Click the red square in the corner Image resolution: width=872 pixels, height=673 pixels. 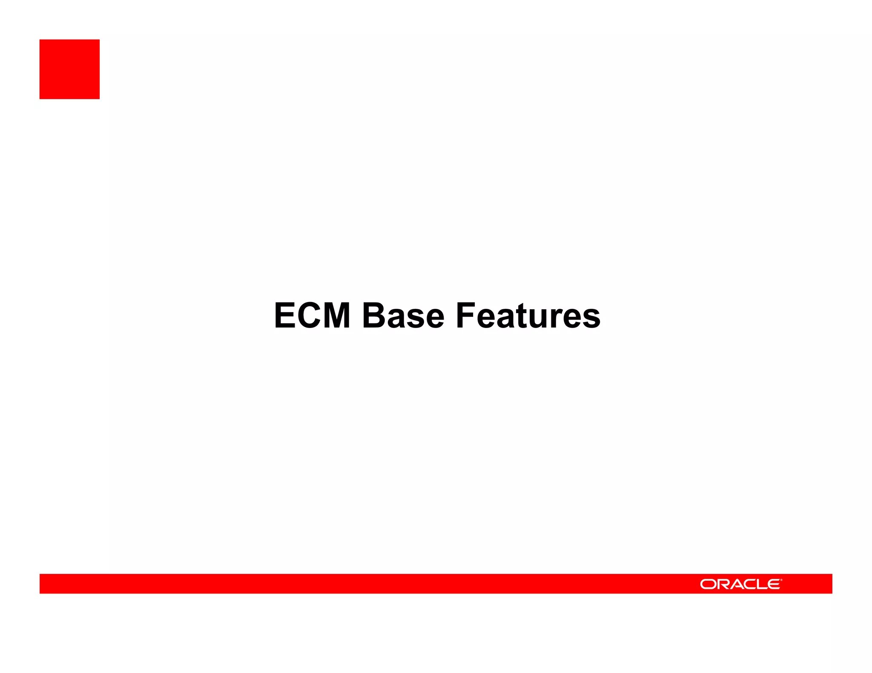(x=69, y=69)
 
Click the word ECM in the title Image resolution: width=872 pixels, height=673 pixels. (x=312, y=316)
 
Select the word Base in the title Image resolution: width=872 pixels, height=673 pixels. (x=403, y=316)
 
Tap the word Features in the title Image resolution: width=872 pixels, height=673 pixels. (x=528, y=316)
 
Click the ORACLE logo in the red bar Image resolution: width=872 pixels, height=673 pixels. (x=740, y=584)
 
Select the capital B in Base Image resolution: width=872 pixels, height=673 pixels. (x=373, y=316)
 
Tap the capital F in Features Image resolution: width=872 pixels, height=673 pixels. (x=465, y=316)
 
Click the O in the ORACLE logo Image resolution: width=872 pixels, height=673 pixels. (x=708, y=585)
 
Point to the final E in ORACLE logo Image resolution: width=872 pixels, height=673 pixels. (x=774, y=585)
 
